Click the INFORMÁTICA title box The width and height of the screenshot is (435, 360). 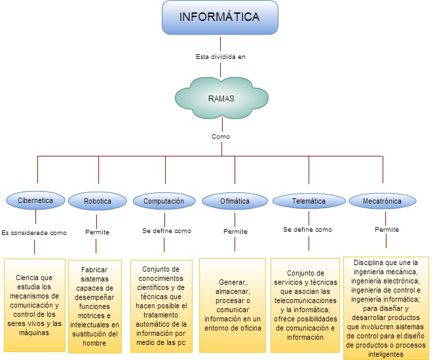219,17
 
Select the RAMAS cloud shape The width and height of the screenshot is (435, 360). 221,98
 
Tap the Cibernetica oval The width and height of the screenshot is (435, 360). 35,200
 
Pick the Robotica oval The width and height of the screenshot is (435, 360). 98,201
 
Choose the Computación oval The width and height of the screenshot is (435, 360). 164,201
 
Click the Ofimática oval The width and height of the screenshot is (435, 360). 235,201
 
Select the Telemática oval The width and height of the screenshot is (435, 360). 309,201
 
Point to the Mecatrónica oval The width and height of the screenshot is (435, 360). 383,201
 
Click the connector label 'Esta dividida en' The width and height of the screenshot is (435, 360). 221,57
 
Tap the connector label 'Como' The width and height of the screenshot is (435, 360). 221,136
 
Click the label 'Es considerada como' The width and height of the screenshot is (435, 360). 34,233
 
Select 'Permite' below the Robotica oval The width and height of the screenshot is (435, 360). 97,232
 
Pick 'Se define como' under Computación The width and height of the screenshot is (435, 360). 167,231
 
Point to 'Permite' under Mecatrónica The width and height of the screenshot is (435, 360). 387,230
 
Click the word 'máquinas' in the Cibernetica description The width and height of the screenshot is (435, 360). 34,333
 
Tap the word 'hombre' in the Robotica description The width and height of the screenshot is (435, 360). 94,343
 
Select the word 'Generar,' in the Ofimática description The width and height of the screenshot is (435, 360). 233,282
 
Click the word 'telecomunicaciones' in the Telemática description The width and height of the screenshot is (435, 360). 305,300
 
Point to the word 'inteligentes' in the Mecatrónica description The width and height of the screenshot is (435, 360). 386,354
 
